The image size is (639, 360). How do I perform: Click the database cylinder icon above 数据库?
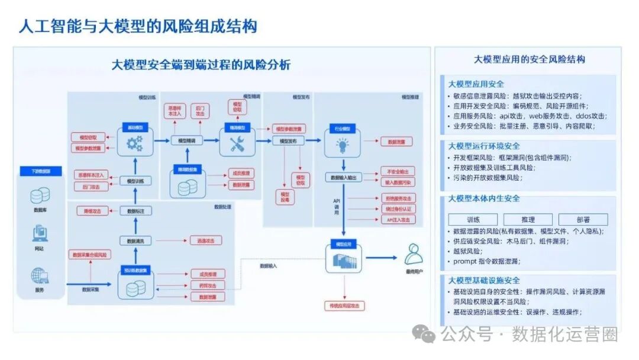[x=40, y=195]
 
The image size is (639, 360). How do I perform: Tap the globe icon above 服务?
[x=40, y=276]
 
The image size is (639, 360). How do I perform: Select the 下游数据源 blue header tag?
[x=40, y=171]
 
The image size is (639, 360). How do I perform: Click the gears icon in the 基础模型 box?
[x=135, y=143]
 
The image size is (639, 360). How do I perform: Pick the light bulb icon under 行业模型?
[x=343, y=144]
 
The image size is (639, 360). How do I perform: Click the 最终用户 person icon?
[x=414, y=255]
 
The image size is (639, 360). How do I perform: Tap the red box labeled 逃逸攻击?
[x=205, y=240]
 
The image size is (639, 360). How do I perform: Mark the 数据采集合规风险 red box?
[x=90, y=255]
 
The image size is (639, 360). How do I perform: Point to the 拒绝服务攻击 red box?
[x=398, y=198]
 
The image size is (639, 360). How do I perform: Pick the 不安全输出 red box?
[x=397, y=171]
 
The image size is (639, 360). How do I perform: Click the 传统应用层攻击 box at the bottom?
[x=344, y=306]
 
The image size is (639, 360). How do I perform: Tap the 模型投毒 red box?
[x=285, y=197]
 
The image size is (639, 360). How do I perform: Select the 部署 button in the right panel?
[x=583, y=220]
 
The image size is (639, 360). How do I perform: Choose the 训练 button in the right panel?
[x=473, y=220]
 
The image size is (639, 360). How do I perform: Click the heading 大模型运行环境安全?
[x=485, y=146]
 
